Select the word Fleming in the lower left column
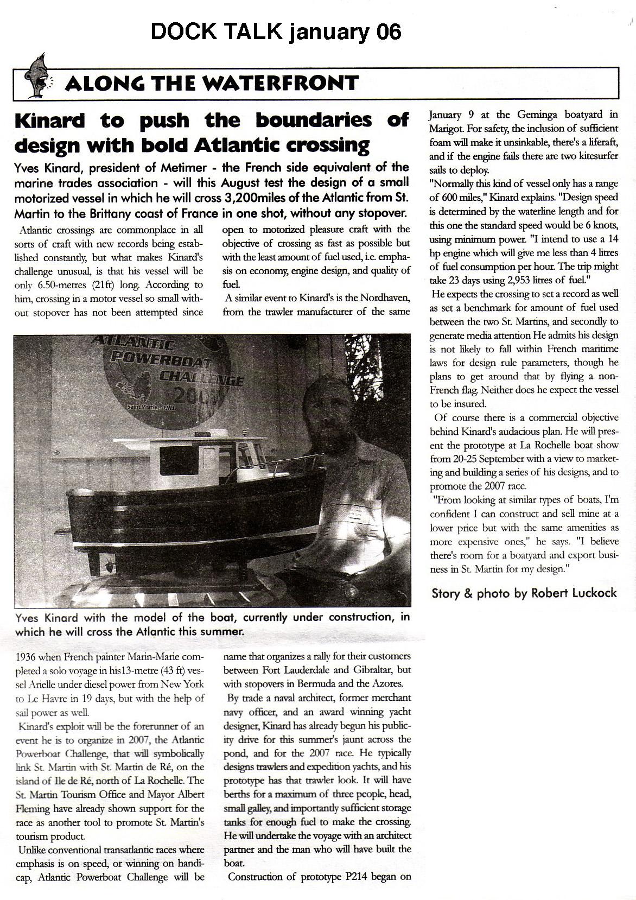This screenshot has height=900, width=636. (34, 809)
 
